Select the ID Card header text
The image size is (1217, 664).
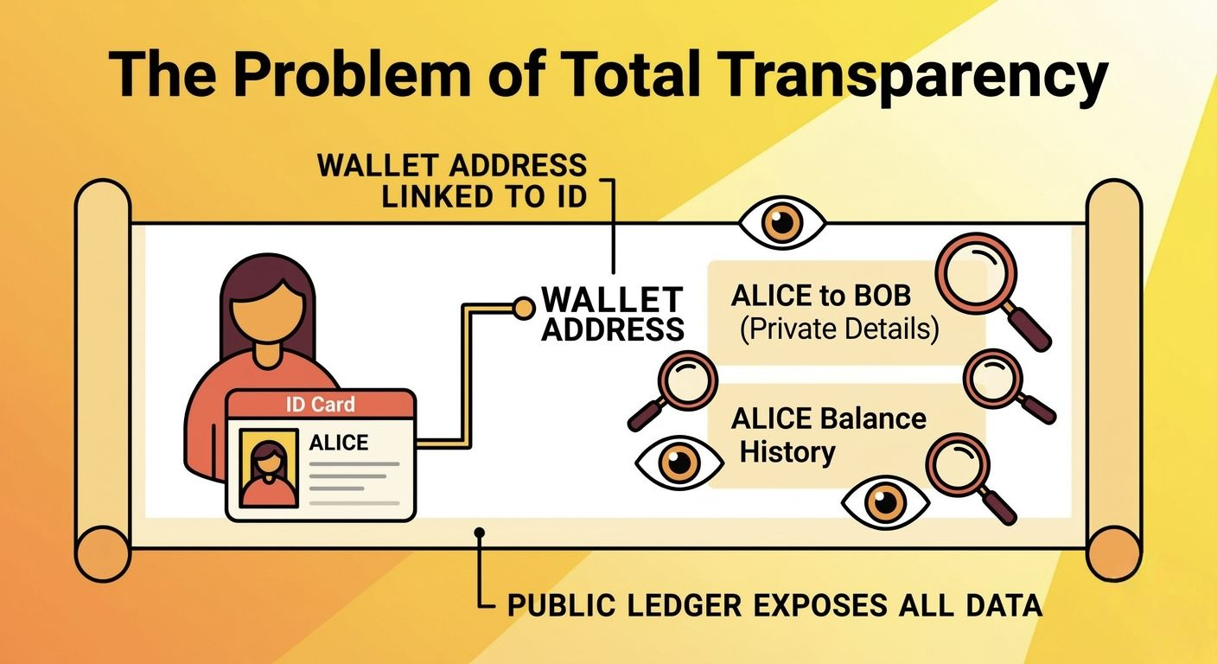pos(321,405)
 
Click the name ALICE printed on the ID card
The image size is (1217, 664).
pos(339,443)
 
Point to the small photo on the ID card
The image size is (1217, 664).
pos(269,468)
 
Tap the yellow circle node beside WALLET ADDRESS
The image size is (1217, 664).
pos(525,308)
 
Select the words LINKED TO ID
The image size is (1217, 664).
pos(484,197)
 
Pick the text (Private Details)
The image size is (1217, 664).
pos(839,329)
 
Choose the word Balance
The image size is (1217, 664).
pos(872,418)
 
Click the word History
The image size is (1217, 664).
pos(787,452)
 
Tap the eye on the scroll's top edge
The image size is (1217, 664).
pos(782,223)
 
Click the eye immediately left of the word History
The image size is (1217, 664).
pos(679,463)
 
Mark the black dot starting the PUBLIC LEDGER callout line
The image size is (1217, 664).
pos(479,533)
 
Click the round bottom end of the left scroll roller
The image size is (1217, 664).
pos(103,554)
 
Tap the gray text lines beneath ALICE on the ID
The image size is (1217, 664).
pos(354,483)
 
